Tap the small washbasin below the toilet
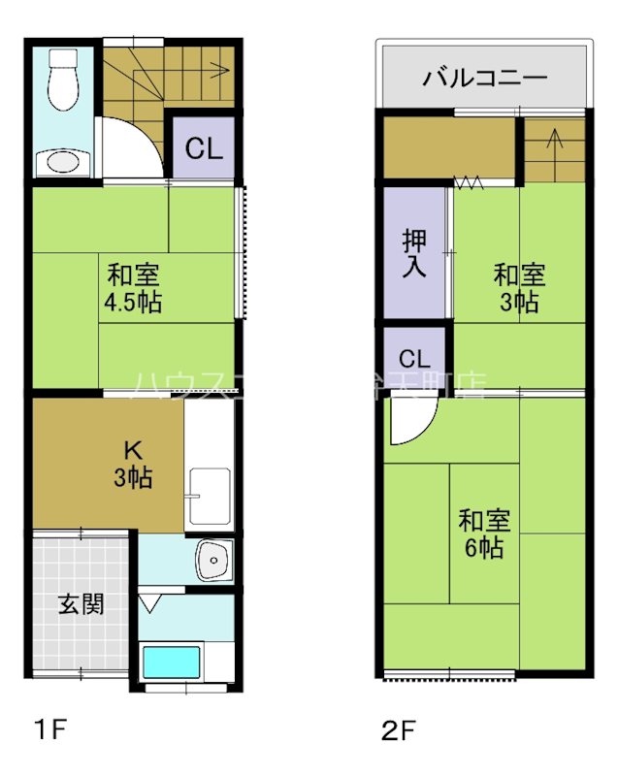[62, 161]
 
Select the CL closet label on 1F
[204, 149]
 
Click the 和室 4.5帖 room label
[133, 288]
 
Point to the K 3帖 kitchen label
[133, 464]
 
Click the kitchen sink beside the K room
[210, 494]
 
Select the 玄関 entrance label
[81, 604]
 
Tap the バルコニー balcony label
[484, 79]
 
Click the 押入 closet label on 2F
[414, 251]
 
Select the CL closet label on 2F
[414, 356]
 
